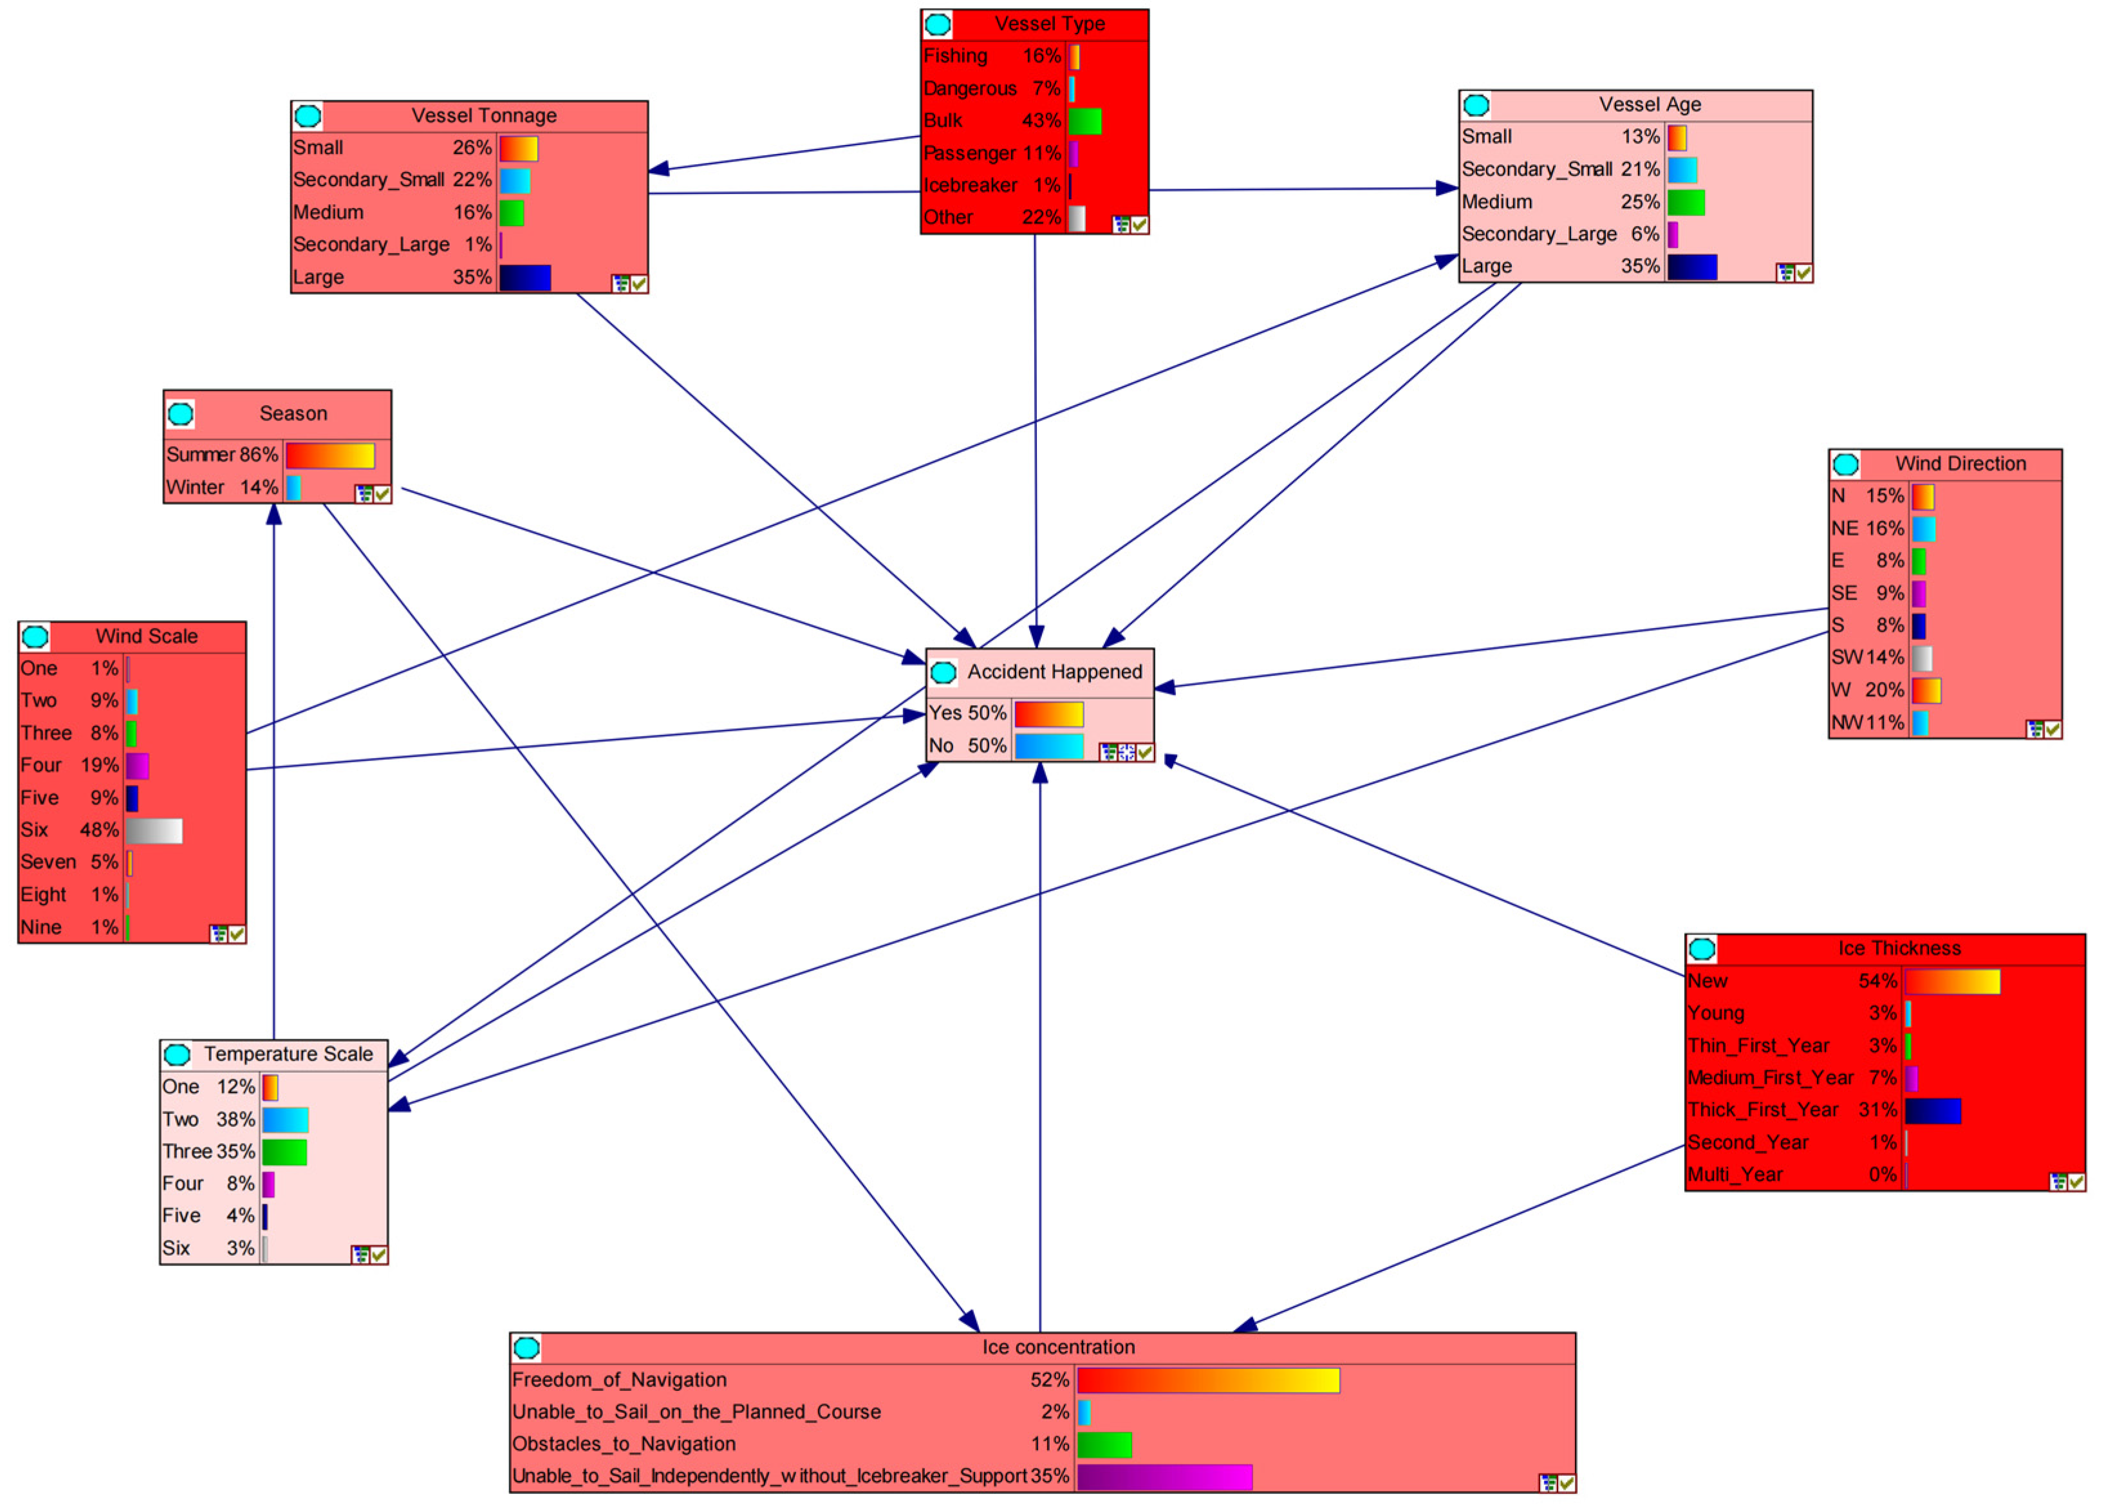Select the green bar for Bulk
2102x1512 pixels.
point(1084,122)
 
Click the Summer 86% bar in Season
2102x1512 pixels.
point(330,455)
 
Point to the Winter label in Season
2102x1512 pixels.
point(194,487)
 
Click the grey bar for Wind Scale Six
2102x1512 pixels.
point(154,831)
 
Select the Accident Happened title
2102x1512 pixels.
point(1055,672)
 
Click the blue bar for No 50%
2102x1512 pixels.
point(1048,746)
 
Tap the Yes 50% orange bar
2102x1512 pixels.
point(1048,713)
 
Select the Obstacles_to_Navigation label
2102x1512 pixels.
point(624,1444)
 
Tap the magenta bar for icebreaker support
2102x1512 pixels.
point(1164,1477)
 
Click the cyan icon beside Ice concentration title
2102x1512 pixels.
point(526,1348)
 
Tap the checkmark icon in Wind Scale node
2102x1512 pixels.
point(237,934)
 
